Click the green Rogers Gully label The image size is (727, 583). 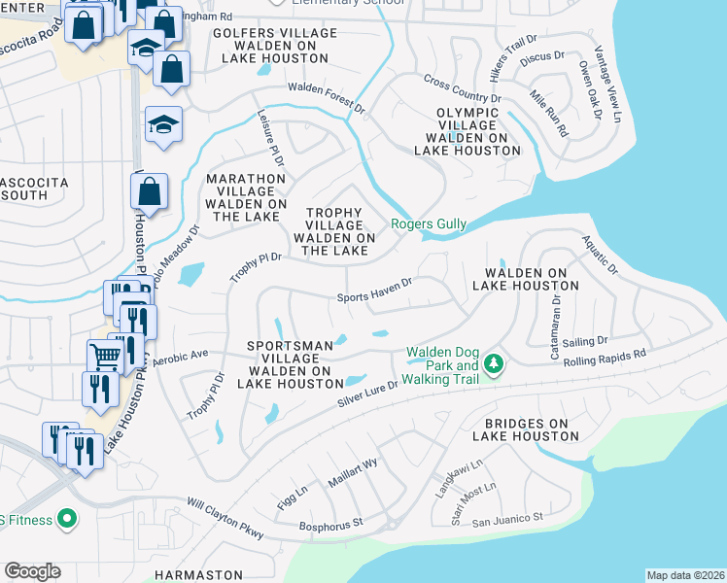tap(429, 224)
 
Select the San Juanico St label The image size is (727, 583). tap(507, 519)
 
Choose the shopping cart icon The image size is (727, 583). tap(105, 356)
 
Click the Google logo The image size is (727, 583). tap(32, 571)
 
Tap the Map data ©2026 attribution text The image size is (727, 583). tap(685, 575)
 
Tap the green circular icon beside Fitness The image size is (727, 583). tap(67, 520)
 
